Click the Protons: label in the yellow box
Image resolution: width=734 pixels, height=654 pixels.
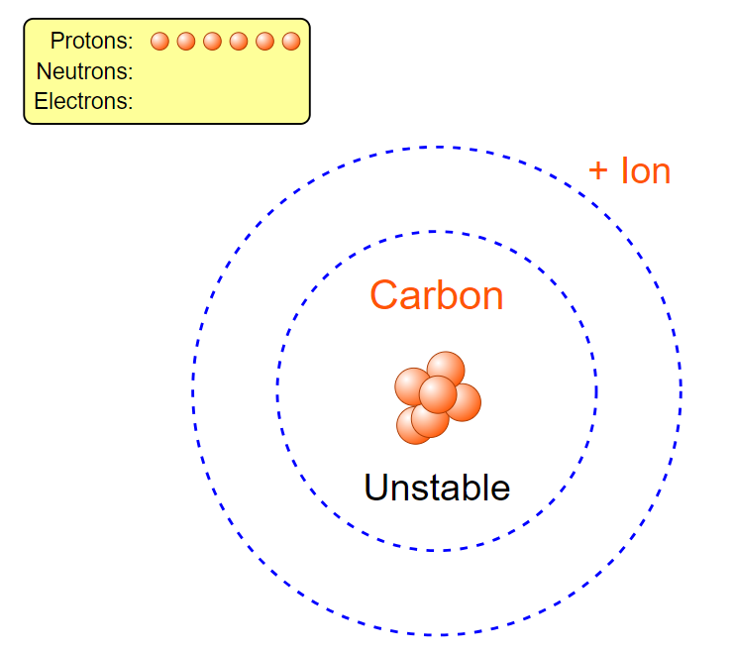[91, 41]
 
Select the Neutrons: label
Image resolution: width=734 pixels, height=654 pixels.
[84, 71]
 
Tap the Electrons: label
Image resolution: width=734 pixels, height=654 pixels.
[83, 101]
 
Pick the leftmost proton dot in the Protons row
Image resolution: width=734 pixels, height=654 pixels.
[159, 41]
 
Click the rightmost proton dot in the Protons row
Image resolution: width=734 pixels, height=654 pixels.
[290, 41]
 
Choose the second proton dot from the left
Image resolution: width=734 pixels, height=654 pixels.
[186, 41]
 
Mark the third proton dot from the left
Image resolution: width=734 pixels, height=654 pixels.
[212, 41]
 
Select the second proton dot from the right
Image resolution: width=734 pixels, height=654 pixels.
[264, 41]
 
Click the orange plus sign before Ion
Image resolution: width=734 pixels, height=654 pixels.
[598, 170]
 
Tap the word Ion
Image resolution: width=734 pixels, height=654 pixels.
[646, 170]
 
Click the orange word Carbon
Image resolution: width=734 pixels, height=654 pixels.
[436, 295]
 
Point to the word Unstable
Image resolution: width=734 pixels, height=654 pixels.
[437, 488]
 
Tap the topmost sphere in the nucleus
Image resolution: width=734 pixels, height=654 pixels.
[447, 368]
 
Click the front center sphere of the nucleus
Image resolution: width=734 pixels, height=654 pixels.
[437, 394]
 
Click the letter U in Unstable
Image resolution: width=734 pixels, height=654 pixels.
[377, 488]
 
